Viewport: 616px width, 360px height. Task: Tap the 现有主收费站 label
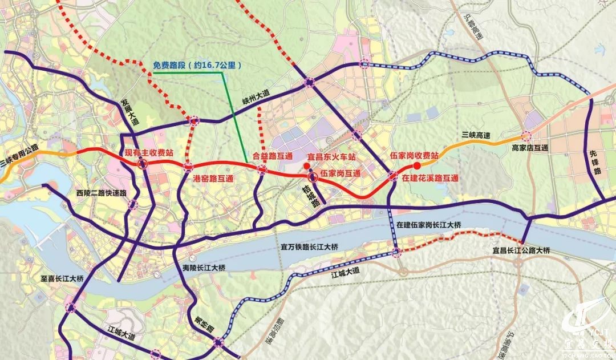coord(149,153)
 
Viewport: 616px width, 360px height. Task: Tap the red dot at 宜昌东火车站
coord(307,166)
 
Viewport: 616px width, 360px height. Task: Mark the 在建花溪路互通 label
coord(429,178)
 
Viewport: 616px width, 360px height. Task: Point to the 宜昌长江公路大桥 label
coord(521,250)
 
